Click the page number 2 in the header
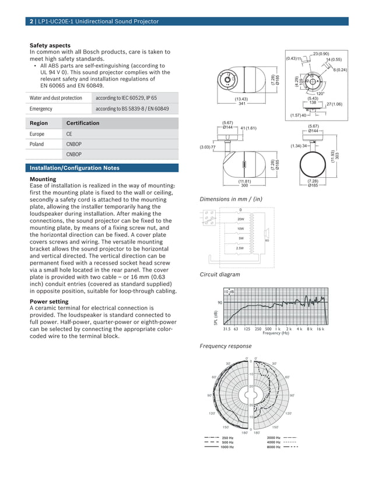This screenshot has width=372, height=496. (31, 22)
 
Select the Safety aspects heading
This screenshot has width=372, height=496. (50, 45)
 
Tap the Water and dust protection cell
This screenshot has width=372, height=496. (55, 98)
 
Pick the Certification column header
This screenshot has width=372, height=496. (83, 124)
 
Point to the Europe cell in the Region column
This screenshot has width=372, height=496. (37, 134)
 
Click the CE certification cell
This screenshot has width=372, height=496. (69, 134)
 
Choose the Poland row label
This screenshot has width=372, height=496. (37, 144)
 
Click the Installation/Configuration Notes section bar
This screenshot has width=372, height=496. (75, 168)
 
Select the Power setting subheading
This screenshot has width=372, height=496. (49, 301)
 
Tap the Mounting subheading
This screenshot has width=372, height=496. (43, 179)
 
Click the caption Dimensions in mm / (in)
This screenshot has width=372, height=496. (231, 199)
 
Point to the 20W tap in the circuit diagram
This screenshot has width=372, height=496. (240, 219)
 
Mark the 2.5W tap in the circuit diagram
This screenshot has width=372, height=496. (240, 248)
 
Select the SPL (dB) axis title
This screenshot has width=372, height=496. (216, 317)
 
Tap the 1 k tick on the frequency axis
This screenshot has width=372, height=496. (278, 329)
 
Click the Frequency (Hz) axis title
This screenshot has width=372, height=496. (276, 333)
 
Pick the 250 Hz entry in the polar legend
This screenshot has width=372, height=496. (227, 438)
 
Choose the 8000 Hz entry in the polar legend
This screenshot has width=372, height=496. (274, 447)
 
